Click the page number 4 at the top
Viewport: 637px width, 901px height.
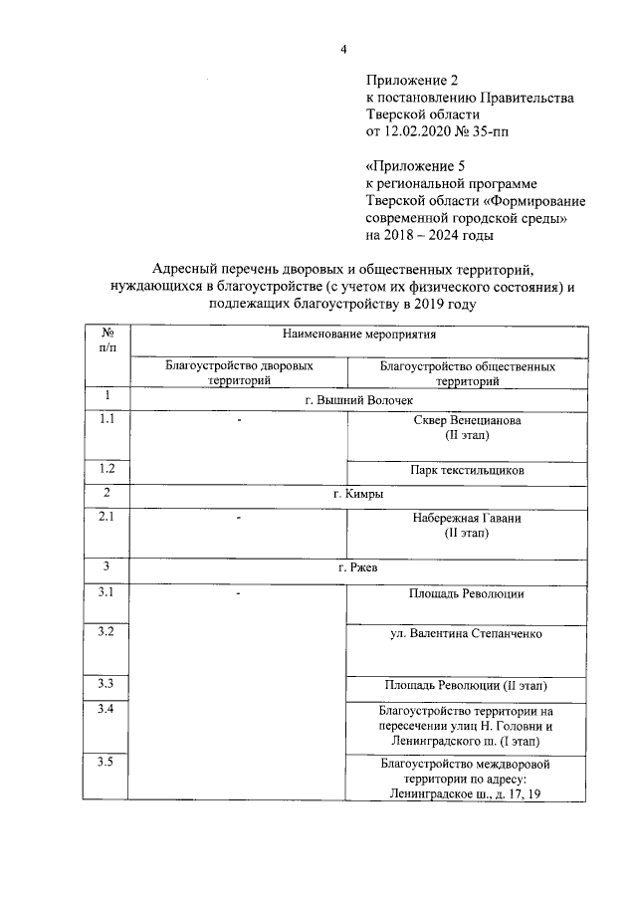[342, 50]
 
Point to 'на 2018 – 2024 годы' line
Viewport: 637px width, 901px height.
[429, 236]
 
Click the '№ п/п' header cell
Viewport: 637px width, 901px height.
[106, 338]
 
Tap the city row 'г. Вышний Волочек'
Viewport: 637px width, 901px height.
[357, 399]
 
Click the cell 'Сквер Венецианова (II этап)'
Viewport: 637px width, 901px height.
[467, 428]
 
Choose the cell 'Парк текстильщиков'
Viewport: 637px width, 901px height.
[467, 470]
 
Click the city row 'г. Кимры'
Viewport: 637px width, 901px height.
[357, 494]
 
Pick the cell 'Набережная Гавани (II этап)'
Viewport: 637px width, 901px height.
[467, 526]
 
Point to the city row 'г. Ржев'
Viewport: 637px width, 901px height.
[357, 567]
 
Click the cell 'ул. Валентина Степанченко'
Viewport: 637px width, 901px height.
[467, 632]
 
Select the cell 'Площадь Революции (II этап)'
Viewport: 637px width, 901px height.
[467, 685]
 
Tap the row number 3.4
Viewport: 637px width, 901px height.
[106, 710]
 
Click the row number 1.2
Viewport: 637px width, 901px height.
[106, 468]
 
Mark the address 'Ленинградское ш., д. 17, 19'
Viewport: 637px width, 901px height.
[467, 793]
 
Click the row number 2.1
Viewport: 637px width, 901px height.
[106, 516]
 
